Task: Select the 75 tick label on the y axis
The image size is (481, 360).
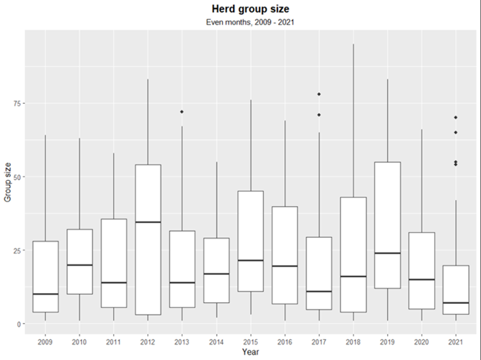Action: tap(18, 103)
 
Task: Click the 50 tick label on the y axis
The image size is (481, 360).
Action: tap(18, 177)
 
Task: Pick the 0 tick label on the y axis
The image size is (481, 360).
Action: tap(20, 324)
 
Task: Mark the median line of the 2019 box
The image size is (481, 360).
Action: tap(388, 253)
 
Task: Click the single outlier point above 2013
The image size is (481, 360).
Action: tap(182, 112)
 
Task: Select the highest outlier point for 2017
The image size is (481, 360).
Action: tap(319, 94)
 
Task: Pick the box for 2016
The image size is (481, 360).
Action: tap(285, 244)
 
